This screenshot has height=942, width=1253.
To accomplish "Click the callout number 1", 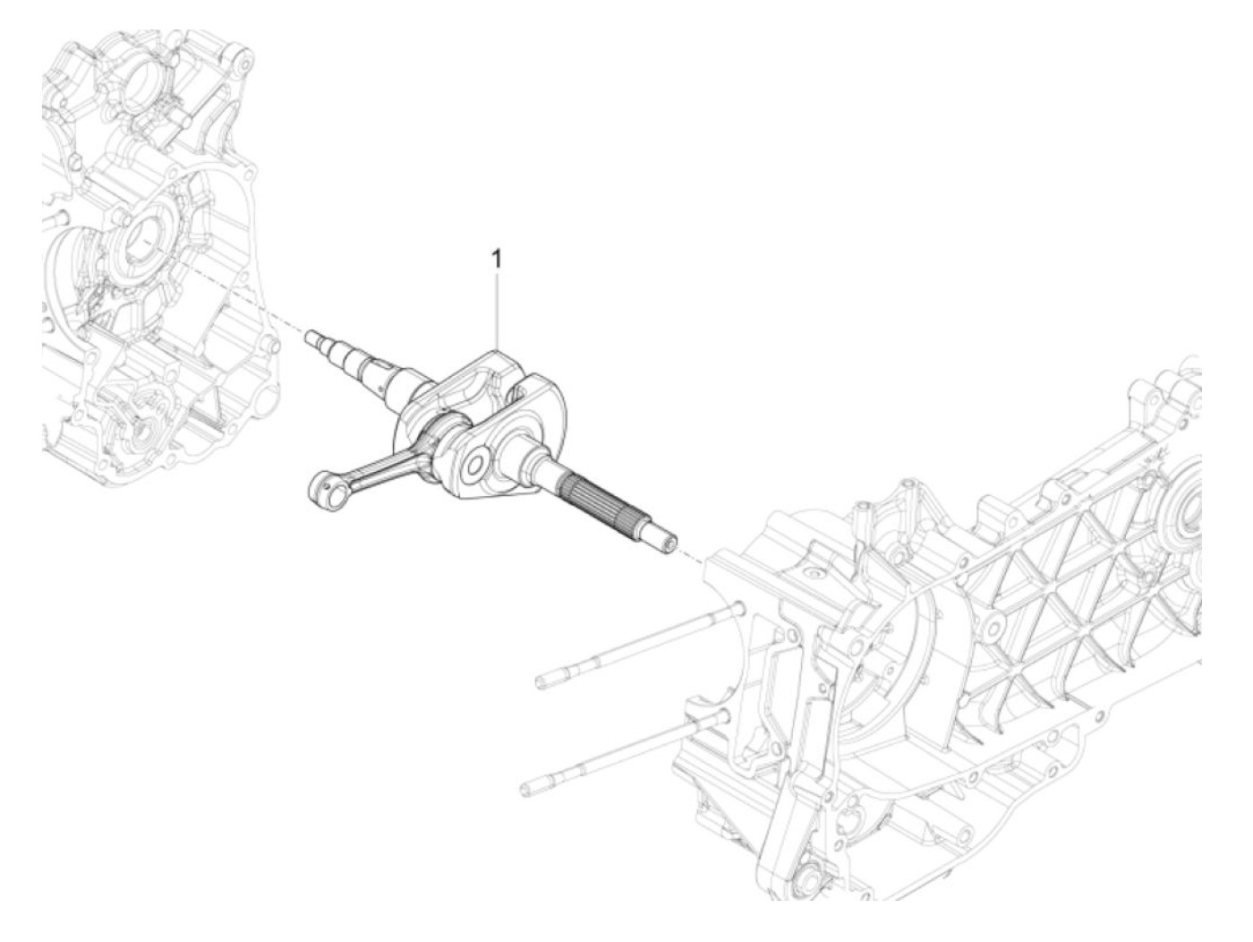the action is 498,260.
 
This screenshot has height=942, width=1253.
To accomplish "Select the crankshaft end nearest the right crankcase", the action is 667,542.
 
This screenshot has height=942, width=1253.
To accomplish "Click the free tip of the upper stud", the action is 543,683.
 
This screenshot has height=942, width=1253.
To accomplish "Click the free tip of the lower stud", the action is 526,789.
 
